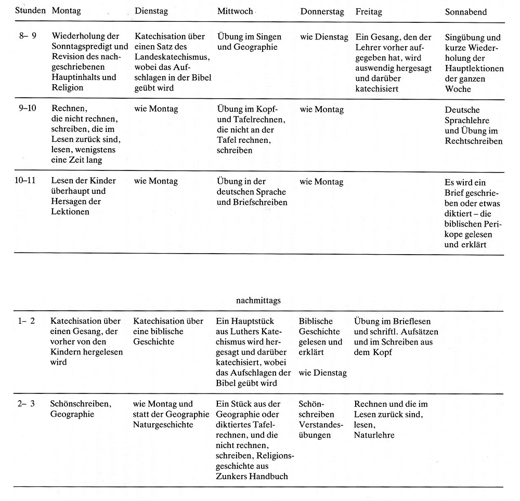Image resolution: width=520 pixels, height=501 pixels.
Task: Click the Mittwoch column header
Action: point(235,11)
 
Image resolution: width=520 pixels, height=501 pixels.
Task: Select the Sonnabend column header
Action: point(466,12)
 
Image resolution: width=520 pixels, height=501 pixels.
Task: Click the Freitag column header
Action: point(370,11)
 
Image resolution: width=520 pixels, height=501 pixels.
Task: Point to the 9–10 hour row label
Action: point(27,110)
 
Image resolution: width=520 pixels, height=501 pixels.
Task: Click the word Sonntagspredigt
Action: point(81,47)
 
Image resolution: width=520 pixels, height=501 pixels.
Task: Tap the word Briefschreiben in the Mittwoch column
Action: point(262,202)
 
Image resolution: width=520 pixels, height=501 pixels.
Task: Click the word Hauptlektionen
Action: point(474,69)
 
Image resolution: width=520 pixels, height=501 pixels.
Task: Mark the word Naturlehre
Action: point(373,435)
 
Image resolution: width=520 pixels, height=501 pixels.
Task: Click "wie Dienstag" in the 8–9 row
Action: point(322,37)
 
